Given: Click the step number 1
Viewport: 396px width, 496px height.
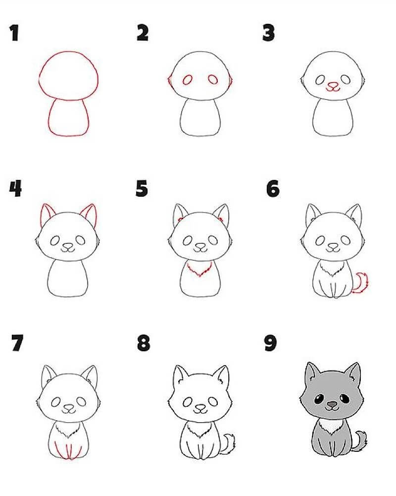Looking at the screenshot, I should (14, 33).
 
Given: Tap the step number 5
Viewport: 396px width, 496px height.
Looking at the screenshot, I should (142, 188).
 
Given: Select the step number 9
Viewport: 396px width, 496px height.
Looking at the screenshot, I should (270, 343).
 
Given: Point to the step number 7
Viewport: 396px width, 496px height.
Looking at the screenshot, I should (18, 343).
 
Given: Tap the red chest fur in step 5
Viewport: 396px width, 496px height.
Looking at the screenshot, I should (199, 271).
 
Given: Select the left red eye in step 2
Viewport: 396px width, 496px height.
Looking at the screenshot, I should (188, 79).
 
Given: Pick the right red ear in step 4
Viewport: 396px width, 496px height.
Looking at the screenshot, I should (89, 213).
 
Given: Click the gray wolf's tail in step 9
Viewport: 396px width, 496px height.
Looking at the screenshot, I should (362, 441).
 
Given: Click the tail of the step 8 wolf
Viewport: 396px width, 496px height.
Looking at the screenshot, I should (229, 442).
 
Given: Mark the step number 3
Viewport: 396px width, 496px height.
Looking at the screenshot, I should (269, 33).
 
